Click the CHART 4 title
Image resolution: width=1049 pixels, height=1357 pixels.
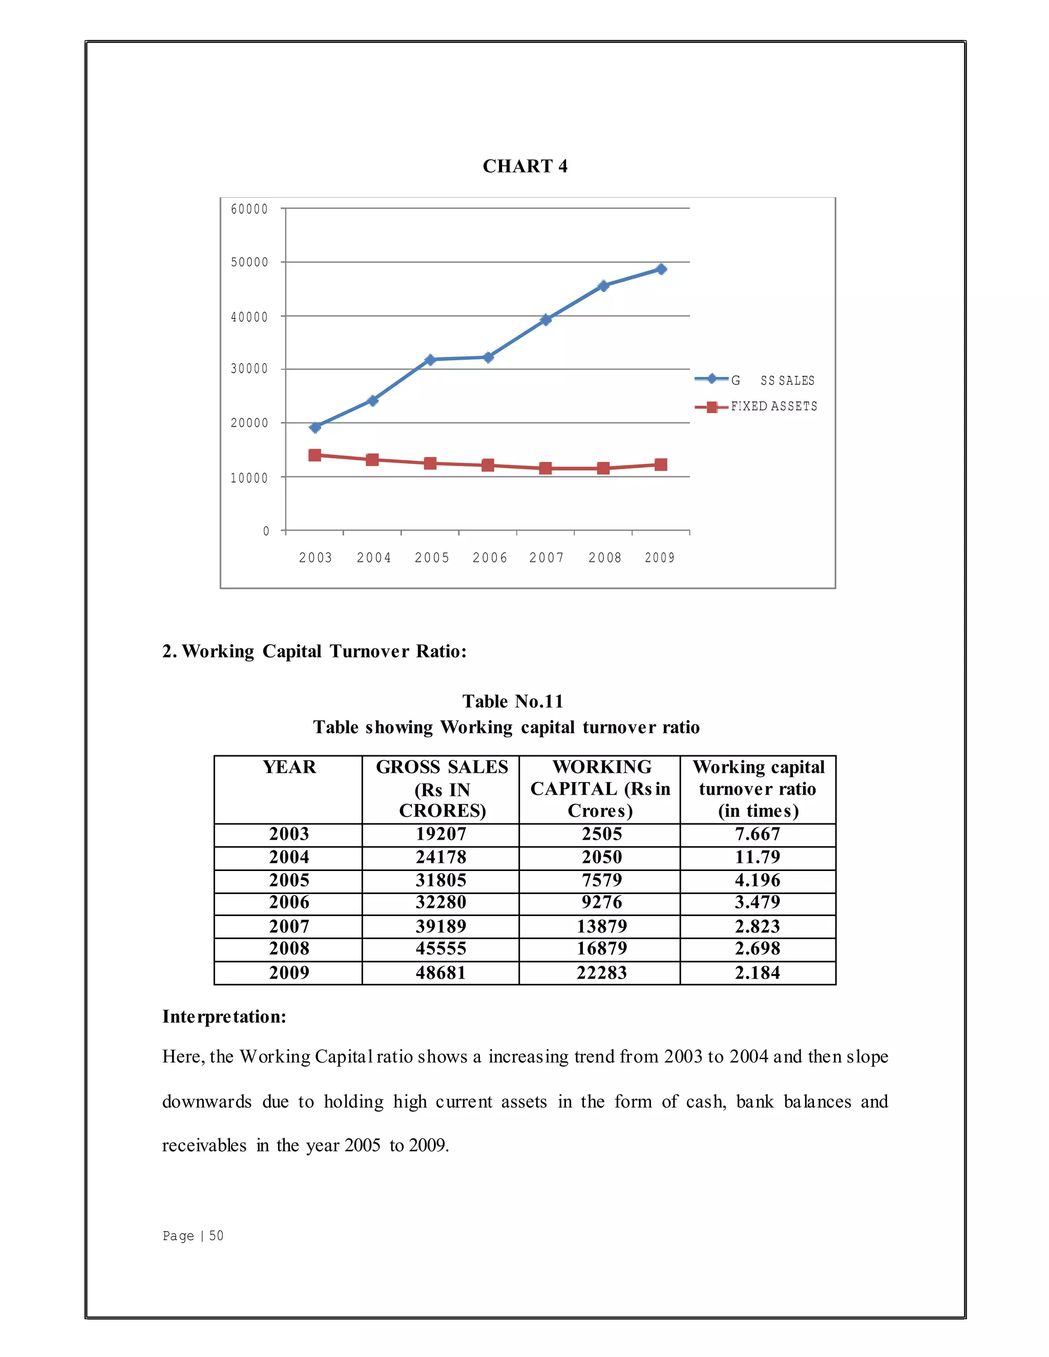click(x=524, y=166)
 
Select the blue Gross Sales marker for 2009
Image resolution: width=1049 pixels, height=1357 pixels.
click(x=661, y=269)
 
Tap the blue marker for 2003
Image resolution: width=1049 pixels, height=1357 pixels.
click(x=315, y=427)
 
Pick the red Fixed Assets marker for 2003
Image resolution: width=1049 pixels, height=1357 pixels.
click(x=315, y=455)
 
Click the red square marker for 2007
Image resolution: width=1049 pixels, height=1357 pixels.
click(x=546, y=468)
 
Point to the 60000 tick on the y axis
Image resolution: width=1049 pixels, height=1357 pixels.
click(x=249, y=209)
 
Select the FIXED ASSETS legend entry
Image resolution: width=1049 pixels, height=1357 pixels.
click(x=773, y=407)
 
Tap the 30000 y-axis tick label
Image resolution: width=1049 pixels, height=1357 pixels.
click(x=249, y=369)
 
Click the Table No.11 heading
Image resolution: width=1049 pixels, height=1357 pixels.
click(x=513, y=701)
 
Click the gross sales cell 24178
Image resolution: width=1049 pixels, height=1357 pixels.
click(x=440, y=857)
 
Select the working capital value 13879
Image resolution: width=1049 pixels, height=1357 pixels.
click(x=601, y=926)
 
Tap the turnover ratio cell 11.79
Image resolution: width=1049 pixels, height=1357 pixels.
click(x=757, y=857)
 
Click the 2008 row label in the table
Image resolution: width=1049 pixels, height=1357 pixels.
click(x=288, y=948)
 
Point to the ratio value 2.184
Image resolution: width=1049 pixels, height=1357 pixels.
click(x=757, y=972)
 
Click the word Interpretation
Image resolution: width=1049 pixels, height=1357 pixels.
click(x=224, y=1016)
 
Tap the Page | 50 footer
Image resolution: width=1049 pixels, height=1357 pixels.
click(x=193, y=1235)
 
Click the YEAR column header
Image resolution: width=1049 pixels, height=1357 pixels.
click(x=289, y=768)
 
